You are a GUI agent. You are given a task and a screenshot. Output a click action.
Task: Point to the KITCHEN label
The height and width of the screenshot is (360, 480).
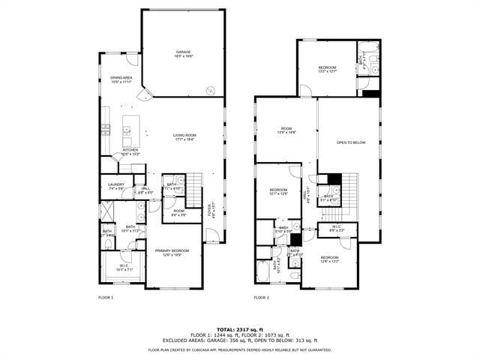pos(130,151)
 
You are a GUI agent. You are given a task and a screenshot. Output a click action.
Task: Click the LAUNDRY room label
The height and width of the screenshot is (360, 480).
pos(115,186)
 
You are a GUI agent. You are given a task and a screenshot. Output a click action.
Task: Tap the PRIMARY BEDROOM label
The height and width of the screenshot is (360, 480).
pos(172,253)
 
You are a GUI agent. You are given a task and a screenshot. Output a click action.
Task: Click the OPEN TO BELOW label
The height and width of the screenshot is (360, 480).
pos(351,142)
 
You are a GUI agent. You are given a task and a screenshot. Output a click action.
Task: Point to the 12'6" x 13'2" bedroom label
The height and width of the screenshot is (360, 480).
pos(330,259)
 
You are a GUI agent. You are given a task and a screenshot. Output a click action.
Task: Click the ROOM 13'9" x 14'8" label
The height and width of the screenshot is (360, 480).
pos(287,130)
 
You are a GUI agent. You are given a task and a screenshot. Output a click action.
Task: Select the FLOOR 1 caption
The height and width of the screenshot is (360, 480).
pos(106,298)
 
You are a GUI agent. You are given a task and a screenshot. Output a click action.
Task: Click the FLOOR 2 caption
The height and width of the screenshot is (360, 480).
pos(261,298)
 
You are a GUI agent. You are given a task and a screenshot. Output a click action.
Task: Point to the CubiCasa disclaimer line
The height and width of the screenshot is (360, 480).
pos(240,349)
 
